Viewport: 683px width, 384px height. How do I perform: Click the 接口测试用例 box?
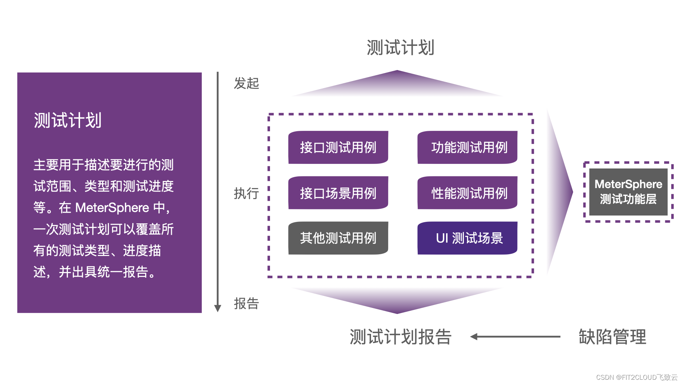338,147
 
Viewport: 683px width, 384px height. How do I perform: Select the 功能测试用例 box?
467,147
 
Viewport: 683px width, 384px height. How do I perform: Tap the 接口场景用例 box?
338,193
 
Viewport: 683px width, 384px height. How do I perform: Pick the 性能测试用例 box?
467,193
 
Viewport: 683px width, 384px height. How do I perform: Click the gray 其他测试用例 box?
338,238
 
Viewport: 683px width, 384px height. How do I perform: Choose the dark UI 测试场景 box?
467,238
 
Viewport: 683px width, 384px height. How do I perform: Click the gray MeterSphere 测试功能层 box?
628,192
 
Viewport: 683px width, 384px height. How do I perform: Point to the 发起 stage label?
246,84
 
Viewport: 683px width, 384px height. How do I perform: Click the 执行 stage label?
246,193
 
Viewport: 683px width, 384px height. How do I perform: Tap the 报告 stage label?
246,304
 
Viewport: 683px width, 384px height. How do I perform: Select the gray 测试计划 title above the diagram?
400,48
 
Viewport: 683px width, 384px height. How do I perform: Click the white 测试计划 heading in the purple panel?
68,120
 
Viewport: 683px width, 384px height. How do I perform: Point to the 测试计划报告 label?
400,337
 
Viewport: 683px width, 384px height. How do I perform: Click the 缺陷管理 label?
612,337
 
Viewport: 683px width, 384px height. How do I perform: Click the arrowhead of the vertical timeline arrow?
218,308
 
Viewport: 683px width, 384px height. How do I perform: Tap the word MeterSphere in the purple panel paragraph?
112,208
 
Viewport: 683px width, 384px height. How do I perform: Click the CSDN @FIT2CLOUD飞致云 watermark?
637,377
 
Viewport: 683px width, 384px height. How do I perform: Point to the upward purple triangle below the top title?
397,85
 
